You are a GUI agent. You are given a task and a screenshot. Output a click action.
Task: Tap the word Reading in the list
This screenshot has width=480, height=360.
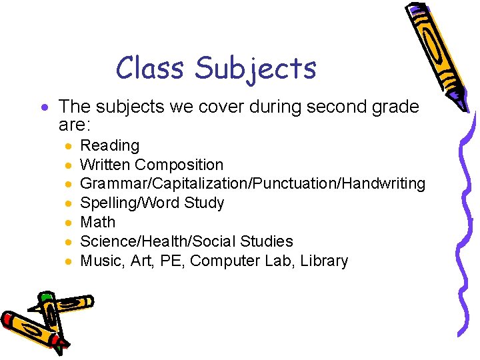click(x=109, y=146)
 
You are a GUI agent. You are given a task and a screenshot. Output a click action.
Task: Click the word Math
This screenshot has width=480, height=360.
click(x=97, y=222)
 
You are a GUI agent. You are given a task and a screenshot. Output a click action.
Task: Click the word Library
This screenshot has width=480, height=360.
click(x=324, y=261)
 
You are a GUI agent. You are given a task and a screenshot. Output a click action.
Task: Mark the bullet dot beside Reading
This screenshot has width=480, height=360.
click(x=69, y=146)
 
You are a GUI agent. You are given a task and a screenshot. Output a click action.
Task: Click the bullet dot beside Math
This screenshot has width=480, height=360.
click(x=69, y=223)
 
